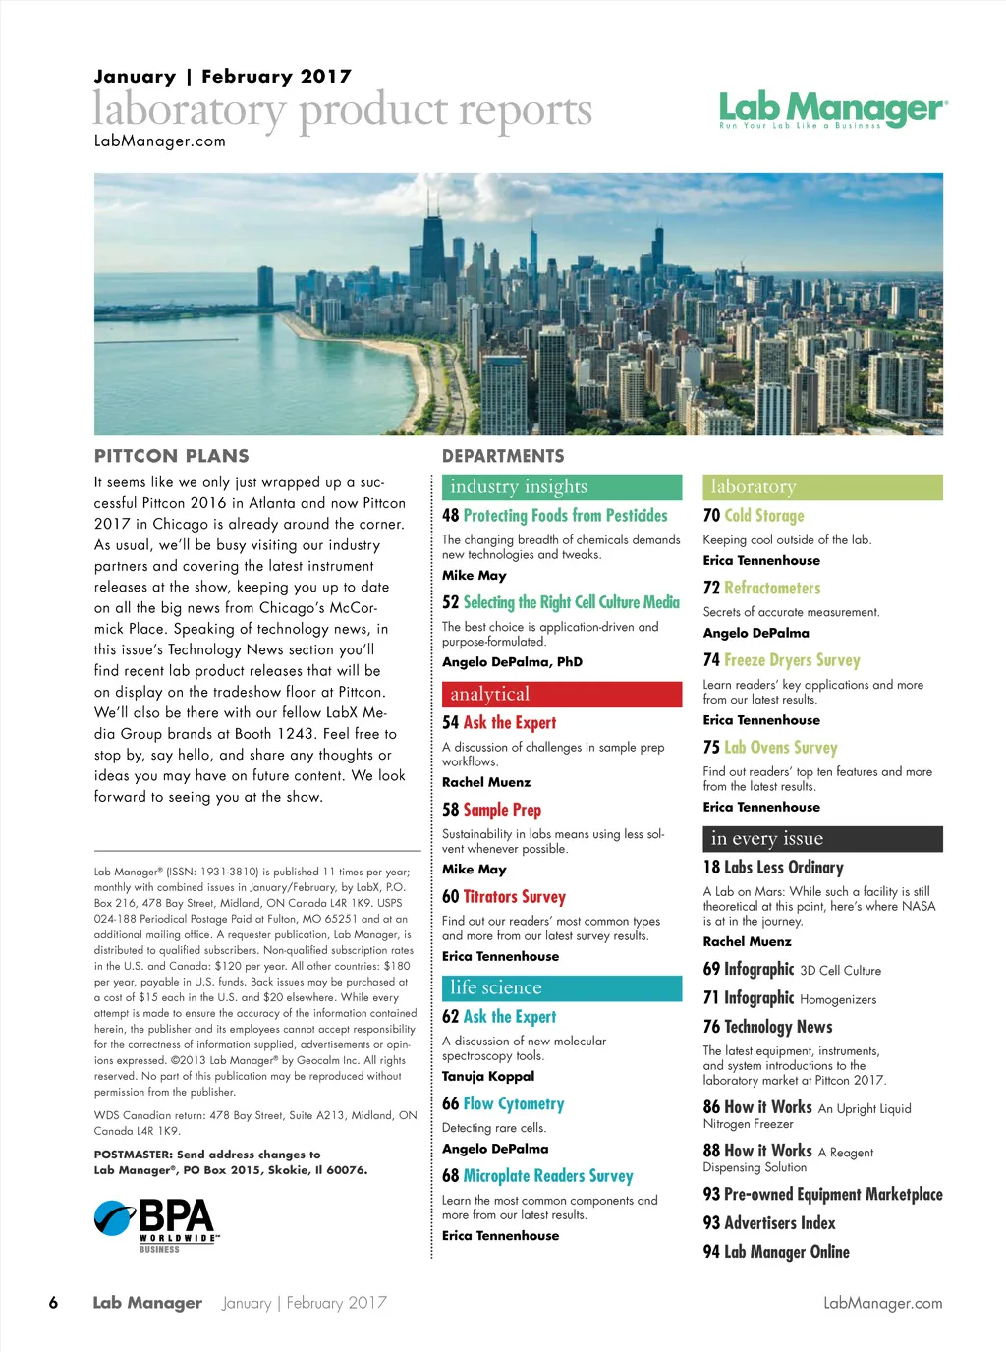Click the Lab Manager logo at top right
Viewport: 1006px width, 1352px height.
[833, 109]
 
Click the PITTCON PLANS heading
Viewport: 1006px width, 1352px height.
[172, 456]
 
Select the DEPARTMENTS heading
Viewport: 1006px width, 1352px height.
[503, 456]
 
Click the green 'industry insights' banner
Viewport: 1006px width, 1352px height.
[562, 487]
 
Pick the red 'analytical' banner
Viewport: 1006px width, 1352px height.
[562, 695]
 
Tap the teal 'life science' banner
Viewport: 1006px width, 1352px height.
[562, 988]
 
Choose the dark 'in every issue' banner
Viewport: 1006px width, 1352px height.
[822, 839]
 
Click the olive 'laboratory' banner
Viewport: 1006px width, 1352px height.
[822, 487]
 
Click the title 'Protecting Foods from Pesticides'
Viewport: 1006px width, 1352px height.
[565, 516]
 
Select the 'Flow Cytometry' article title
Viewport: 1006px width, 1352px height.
[514, 1104]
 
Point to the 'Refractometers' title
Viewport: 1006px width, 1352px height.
[772, 589]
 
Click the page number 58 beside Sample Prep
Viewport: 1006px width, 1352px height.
[450, 811]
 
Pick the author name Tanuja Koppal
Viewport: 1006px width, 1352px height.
[488, 1076]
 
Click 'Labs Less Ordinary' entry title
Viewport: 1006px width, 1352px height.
[783, 868]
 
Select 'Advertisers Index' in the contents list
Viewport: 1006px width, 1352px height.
[779, 1223]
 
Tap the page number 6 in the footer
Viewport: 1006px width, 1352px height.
[53, 1303]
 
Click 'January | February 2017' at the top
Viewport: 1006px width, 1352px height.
[223, 77]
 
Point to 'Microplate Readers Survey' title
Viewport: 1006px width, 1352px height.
[548, 1176]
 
